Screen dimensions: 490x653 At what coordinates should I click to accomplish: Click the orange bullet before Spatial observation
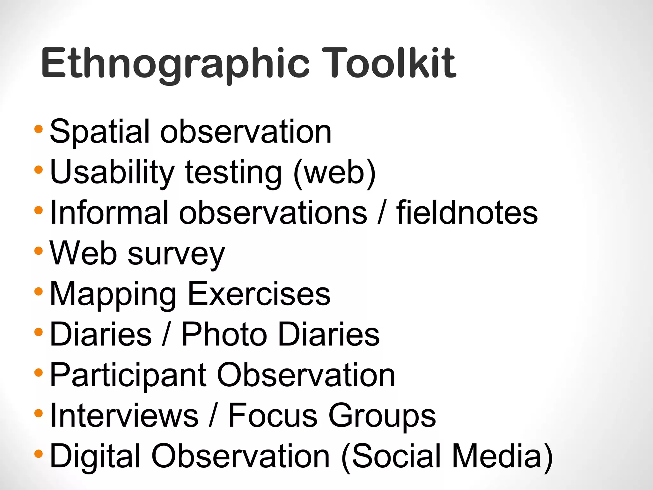pos(38,129)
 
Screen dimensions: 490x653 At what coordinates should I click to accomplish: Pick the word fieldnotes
pos(467,212)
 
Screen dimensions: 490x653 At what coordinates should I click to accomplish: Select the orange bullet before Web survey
pos(38,251)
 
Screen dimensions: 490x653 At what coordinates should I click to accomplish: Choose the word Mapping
pos(113,295)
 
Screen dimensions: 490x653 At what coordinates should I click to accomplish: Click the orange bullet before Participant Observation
pos(38,372)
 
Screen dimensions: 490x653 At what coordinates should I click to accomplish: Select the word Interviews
pos(124,415)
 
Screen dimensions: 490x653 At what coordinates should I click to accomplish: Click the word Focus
pos(273,415)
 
